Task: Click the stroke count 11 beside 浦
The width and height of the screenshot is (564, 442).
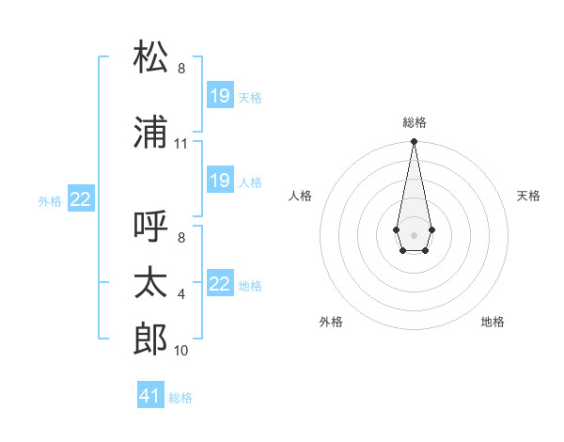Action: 181,144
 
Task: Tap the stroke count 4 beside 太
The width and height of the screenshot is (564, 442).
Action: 181,294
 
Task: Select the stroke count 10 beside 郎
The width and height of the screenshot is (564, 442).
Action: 181,351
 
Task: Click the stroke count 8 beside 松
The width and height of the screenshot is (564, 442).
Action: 181,69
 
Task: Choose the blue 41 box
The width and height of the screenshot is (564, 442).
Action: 150,396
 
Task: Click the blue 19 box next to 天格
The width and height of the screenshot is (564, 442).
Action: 220,95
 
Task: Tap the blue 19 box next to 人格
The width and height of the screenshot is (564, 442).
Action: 220,180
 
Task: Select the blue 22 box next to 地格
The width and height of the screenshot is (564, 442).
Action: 220,283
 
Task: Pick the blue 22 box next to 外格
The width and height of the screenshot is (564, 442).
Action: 81,198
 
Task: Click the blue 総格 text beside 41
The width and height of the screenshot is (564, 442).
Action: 180,398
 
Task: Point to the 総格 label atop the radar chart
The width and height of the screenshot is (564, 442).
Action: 414,122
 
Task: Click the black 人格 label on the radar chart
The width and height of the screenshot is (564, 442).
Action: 301,196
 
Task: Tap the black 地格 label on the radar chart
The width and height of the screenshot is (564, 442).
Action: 493,322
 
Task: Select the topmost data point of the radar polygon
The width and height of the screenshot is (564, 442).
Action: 414,142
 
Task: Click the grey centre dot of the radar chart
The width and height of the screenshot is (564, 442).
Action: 414,233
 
